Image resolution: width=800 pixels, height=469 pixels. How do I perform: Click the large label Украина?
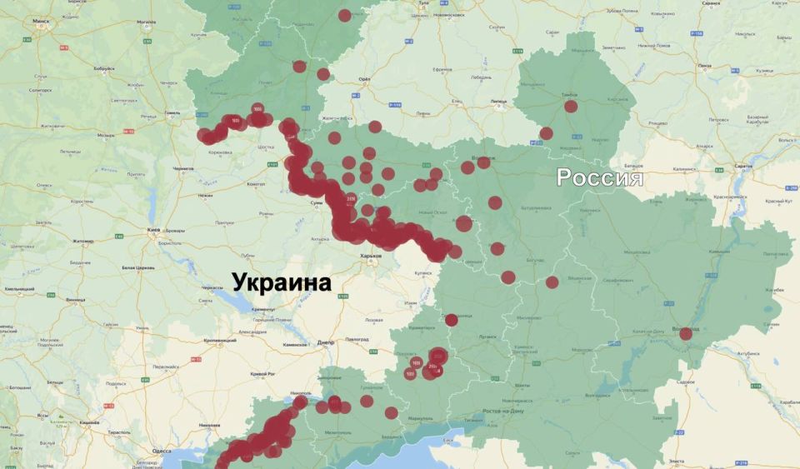pyautogui.click(x=281, y=282)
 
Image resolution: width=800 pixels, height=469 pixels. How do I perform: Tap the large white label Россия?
pyautogui.click(x=599, y=177)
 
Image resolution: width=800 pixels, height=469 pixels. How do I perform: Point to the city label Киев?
pyautogui.click(x=153, y=228)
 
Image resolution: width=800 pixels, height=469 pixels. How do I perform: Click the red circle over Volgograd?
pyautogui.click(x=686, y=333)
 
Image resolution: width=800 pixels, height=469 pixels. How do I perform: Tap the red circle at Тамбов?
pyautogui.click(x=571, y=106)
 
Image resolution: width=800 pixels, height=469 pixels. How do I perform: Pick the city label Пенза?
pyautogui.click(x=705, y=65)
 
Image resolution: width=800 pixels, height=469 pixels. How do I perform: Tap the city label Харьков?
pyautogui.click(x=370, y=256)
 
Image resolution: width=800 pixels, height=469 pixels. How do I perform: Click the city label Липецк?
pyautogui.click(x=497, y=101)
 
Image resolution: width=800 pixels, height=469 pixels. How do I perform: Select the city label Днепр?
pyautogui.click(x=326, y=342)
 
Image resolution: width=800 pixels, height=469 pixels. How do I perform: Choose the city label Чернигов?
pyautogui.click(x=182, y=169)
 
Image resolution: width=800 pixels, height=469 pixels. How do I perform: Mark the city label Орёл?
pyautogui.click(x=363, y=79)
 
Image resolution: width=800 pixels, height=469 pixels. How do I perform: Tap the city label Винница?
pyautogui.click(x=75, y=299)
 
